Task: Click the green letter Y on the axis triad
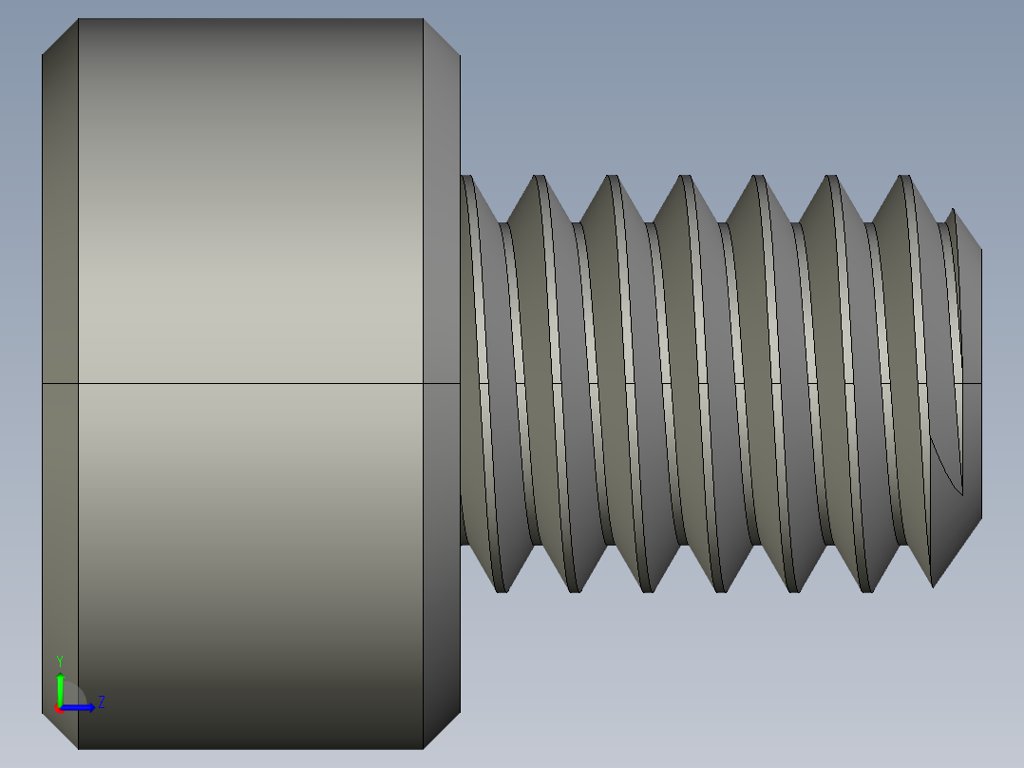[x=59, y=660]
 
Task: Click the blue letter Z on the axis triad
[x=101, y=702]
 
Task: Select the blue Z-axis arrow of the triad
[x=82, y=707]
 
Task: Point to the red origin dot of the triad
[x=59, y=708]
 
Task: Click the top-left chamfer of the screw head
[x=60, y=36]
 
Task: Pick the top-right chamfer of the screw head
[x=442, y=36]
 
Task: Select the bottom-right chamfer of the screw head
[x=442, y=730]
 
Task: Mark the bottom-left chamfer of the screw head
[x=60, y=730]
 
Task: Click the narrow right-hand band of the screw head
[x=441, y=285]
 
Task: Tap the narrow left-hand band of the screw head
[x=60, y=285]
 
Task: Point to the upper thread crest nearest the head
[x=538, y=178]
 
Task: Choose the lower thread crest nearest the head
[x=502, y=589]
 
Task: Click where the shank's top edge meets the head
[x=462, y=177]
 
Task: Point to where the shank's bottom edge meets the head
[x=462, y=545]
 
